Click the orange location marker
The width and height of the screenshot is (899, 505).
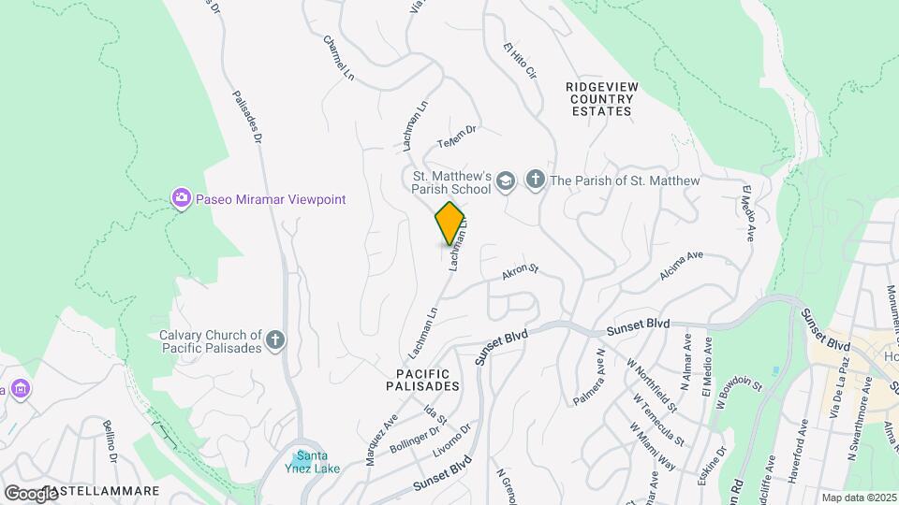point(450,223)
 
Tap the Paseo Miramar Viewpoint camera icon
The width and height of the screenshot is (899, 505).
point(181,198)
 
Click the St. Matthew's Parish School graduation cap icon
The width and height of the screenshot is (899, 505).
point(506,180)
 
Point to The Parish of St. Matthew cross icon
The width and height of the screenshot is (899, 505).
point(536,180)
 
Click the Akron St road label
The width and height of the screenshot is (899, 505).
point(521,272)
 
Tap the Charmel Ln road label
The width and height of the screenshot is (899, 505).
point(340,57)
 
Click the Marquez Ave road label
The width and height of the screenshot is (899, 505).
point(381,433)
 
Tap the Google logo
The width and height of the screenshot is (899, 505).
point(31,493)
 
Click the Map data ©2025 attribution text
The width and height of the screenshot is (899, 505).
point(860,498)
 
